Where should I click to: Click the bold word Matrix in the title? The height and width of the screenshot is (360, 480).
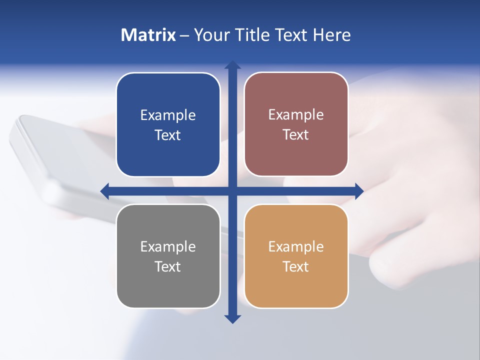click(148, 35)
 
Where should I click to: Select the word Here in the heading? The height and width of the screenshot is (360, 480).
click(332, 35)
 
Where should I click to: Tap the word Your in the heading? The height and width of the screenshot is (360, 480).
click(212, 35)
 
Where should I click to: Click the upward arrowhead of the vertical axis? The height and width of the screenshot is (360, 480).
click(232, 65)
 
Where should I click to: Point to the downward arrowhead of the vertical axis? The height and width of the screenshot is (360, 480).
click(232, 318)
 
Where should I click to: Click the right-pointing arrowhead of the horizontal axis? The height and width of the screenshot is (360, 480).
click(358, 191)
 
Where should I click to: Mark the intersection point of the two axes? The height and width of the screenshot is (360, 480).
click(232, 191)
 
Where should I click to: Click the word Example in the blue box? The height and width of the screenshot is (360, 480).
click(168, 115)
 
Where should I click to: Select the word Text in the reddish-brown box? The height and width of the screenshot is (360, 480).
click(296, 135)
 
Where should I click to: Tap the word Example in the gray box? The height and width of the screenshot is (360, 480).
click(168, 246)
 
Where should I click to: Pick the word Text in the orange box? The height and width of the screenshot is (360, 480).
click(296, 266)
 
